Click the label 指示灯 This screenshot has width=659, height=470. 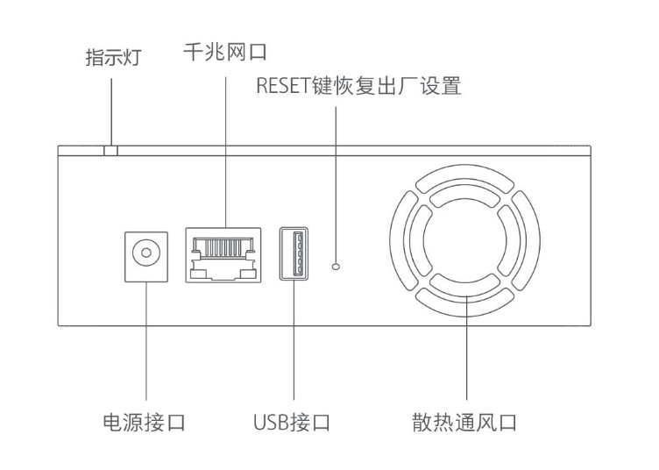[112, 59]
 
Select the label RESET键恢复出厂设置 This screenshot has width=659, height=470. [358, 87]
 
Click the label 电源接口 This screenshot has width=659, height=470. [145, 423]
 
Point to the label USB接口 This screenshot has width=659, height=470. [292, 423]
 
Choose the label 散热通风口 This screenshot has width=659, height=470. [464, 423]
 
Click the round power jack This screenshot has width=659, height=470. [146, 255]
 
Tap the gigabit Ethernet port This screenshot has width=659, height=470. [224, 255]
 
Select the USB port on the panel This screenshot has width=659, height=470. [294, 253]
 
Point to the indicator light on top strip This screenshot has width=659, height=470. [110, 151]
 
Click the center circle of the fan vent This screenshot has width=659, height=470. [465, 243]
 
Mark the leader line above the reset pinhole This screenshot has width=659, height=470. [336, 175]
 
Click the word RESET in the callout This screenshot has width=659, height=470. [278, 87]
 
